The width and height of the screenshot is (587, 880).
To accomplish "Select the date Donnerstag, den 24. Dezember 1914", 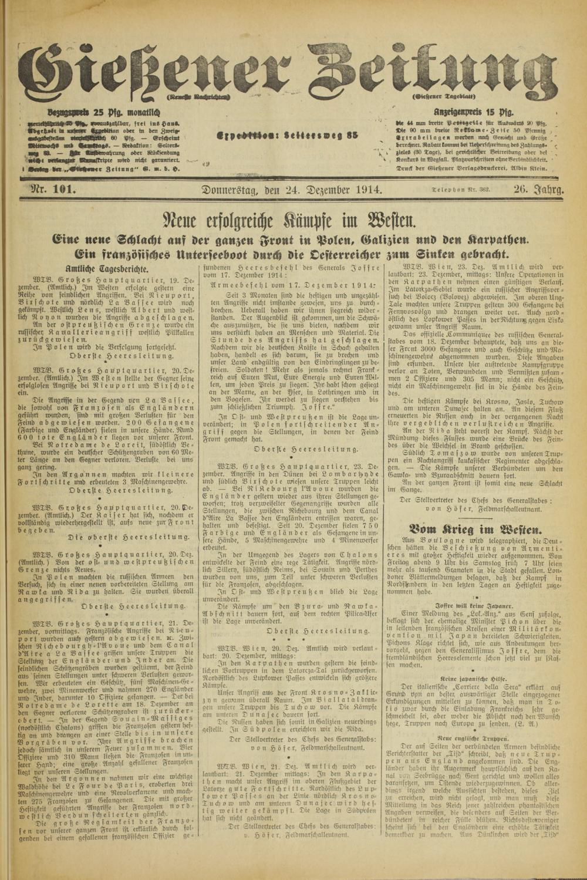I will (292, 190).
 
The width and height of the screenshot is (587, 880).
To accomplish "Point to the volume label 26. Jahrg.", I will (538, 190).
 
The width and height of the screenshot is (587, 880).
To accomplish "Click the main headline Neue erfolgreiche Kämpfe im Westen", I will (292, 221).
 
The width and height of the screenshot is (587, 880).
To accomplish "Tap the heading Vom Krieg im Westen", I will (474, 528).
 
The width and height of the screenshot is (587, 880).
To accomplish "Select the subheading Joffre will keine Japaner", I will (474, 605).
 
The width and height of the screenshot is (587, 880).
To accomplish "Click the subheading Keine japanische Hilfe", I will (474, 677).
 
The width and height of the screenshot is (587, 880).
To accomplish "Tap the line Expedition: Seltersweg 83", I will (287, 134).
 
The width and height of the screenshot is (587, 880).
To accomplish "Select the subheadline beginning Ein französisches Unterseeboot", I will (292, 254).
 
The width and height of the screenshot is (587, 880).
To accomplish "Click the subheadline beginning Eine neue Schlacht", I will (292, 240).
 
